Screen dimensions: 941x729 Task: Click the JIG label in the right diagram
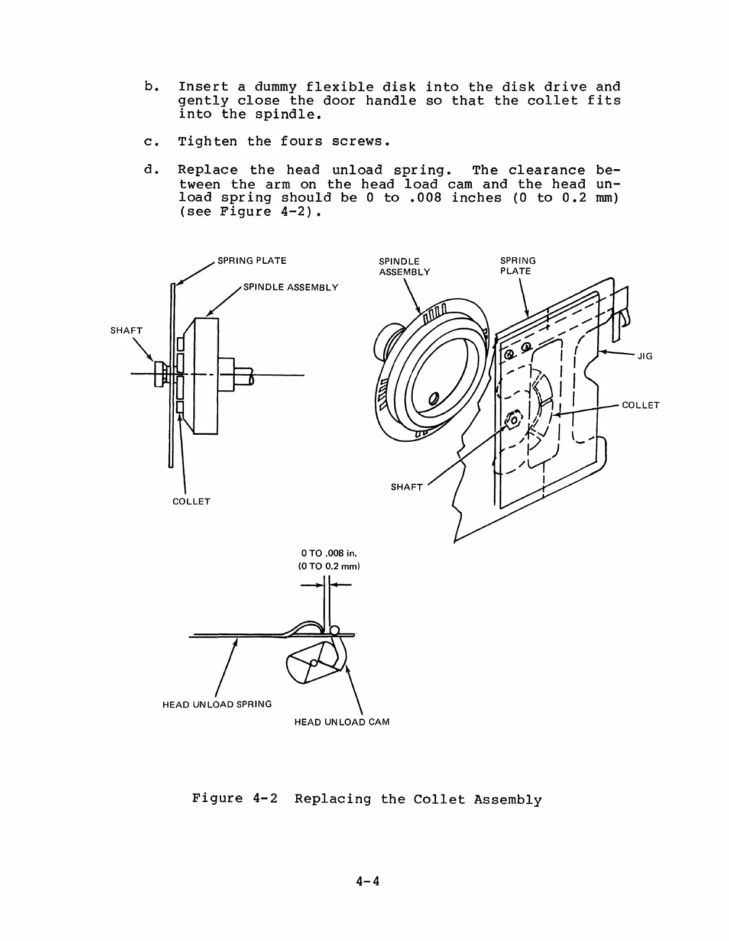pyautogui.click(x=644, y=356)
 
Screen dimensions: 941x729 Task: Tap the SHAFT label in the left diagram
pyautogui.click(x=127, y=331)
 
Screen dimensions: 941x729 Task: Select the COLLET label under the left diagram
pyautogui.click(x=191, y=502)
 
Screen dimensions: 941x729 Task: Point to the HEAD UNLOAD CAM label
pyautogui.click(x=342, y=722)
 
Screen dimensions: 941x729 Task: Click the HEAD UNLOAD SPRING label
pyautogui.click(x=217, y=704)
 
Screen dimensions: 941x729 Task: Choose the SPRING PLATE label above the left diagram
pyautogui.click(x=252, y=261)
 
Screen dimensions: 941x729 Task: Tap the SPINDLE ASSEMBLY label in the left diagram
pyautogui.click(x=291, y=287)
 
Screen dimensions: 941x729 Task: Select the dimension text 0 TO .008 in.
pyautogui.click(x=329, y=554)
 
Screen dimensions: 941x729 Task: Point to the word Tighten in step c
pyautogui.click(x=208, y=142)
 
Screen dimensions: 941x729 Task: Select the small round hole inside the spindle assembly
pyautogui.click(x=433, y=398)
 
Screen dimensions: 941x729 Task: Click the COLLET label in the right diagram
pyautogui.click(x=640, y=405)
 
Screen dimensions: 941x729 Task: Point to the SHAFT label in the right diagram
pyautogui.click(x=407, y=487)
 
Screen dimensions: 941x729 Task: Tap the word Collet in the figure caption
pyautogui.click(x=439, y=800)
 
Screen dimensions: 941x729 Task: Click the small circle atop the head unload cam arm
pyautogui.click(x=335, y=630)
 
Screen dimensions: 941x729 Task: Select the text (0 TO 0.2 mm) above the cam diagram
pyautogui.click(x=329, y=566)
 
